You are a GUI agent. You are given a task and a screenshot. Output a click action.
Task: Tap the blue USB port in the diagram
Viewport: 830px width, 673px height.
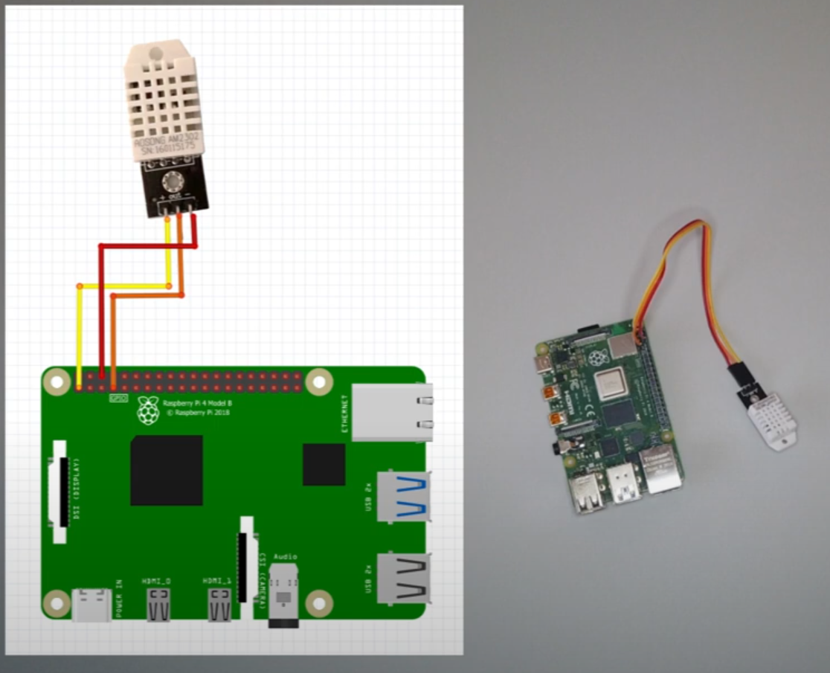404,496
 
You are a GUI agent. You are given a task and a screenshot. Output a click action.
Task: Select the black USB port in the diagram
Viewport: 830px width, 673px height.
404,578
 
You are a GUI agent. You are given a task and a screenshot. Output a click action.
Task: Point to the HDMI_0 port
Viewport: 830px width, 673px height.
158,603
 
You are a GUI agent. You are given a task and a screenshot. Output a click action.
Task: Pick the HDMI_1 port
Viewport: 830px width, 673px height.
219,603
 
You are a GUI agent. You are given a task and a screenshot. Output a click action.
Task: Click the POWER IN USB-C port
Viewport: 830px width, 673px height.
92,604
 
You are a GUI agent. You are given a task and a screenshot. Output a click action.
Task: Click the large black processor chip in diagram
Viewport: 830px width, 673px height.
167,470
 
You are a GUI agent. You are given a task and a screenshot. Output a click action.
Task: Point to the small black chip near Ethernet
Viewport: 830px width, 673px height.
324,464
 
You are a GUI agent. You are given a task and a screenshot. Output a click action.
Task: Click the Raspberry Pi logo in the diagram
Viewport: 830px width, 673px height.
148,410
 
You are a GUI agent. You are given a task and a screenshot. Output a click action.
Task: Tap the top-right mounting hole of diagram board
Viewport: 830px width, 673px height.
319,381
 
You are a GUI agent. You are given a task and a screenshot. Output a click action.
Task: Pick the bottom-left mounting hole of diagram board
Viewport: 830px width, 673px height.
57,603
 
